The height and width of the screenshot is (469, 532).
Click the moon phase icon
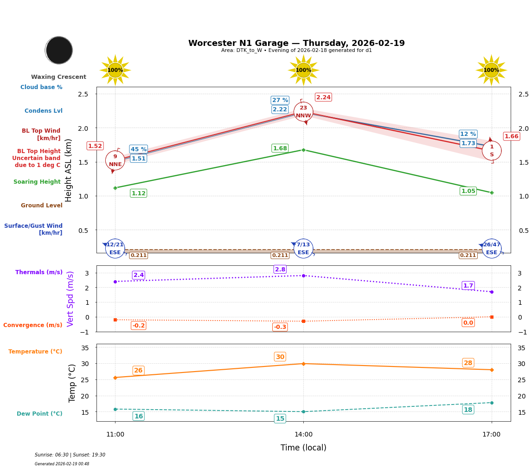click(x=59, y=50)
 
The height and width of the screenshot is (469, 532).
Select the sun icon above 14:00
click(x=303, y=70)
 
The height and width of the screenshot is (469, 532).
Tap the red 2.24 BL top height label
click(x=323, y=97)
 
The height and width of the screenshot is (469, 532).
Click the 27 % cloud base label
click(x=280, y=100)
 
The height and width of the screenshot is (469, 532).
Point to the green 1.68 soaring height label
click(x=280, y=148)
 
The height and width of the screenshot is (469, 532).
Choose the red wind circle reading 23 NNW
click(x=303, y=112)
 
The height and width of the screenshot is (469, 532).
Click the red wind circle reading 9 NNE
click(x=115, y=161)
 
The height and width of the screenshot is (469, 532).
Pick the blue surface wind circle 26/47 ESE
click(x=492, y=249)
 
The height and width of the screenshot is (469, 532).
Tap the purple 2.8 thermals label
click(x=280, y=270)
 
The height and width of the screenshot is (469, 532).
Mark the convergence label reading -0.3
click(x=280, y=327)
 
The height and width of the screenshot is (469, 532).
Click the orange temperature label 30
click(x=280, y=357)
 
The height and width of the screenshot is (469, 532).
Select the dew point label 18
click(x=468, y=410)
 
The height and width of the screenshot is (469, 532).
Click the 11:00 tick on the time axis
click(x=115, y=435)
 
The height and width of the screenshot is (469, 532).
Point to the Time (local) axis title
click(x=303, y=448)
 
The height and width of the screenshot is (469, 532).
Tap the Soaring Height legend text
click(x=37, y=182)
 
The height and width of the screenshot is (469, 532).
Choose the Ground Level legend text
click(x=42, y=206)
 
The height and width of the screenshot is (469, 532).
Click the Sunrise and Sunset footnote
click(x=70, y=455)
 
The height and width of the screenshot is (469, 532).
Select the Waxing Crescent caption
click(x=58, y=77)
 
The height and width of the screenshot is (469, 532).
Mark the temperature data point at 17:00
click(x=492, y=370)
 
